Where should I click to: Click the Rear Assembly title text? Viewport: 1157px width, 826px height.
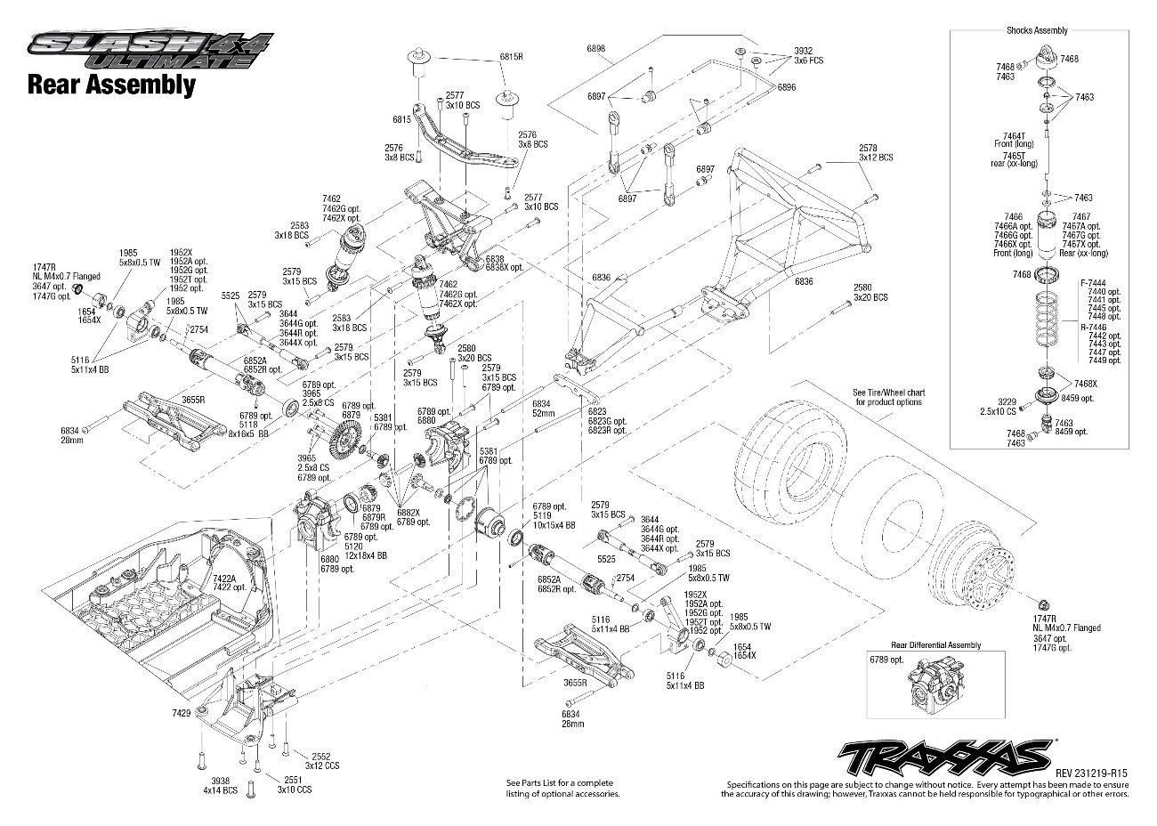coord(111,85)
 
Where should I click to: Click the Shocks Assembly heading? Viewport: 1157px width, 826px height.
coord(1037,31)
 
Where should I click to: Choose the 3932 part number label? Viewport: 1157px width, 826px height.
coord(805,51)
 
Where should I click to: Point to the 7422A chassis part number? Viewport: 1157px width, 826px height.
coord(224,579)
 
